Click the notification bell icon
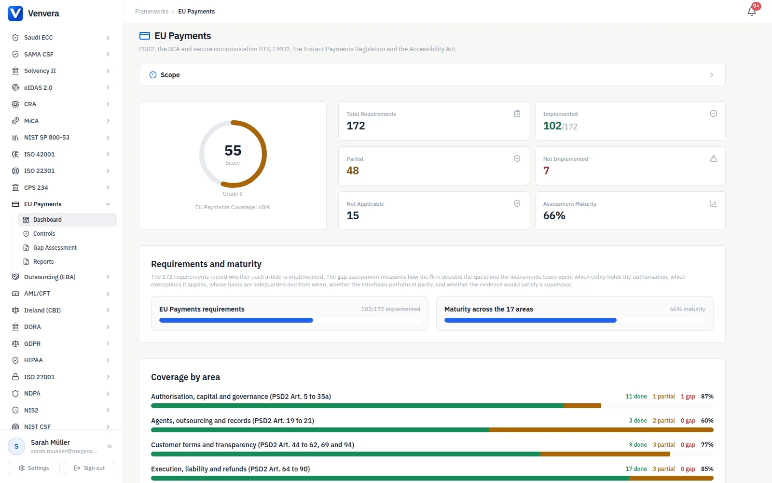[x=752, y=12]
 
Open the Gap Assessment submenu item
[x=55, y=248]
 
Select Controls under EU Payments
[x=44, y=234]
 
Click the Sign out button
[x=89, y=468]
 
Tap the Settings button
[x=34, y=468]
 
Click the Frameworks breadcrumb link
[x=152, y=12]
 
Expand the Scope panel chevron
[x=712, y=75]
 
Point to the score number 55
[x=233, y=150]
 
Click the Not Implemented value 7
[x=546, y=171]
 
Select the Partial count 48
[x=353, y=171]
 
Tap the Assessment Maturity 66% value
[x=554, y=215]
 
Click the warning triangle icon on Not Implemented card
[x=714, y=159]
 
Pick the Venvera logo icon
[x=15, y=14]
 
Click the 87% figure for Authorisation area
[x=707, y=397]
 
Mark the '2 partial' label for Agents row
[x=664, y=421]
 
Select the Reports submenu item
[x=43, y=262]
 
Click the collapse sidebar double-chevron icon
[x=110, y=446]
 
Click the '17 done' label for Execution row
[x=636, y=469]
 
